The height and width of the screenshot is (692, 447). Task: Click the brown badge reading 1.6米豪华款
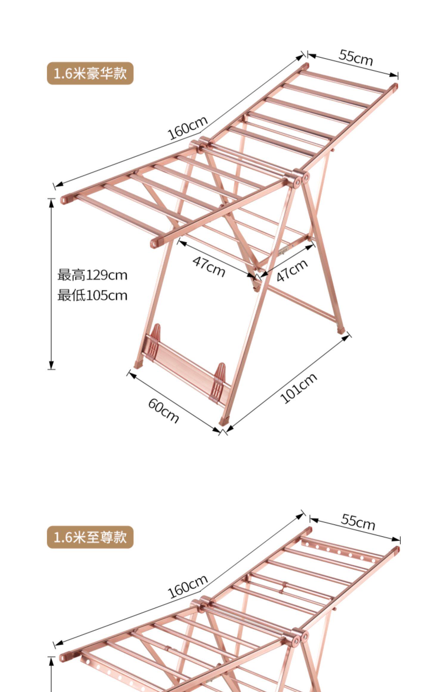pos(90,73)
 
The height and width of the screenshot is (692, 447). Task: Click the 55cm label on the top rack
pos(356,58)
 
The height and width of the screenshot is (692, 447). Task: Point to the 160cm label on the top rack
pos(187,128)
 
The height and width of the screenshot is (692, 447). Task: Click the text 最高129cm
pos(92,275)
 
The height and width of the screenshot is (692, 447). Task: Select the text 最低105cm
pos(92,296)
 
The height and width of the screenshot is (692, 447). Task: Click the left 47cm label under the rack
pos(209,266)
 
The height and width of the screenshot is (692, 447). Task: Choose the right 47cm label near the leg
pos(292,270)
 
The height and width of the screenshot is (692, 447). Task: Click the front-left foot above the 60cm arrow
pos(138,364)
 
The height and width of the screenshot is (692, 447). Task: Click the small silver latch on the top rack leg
pos(283,250)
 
